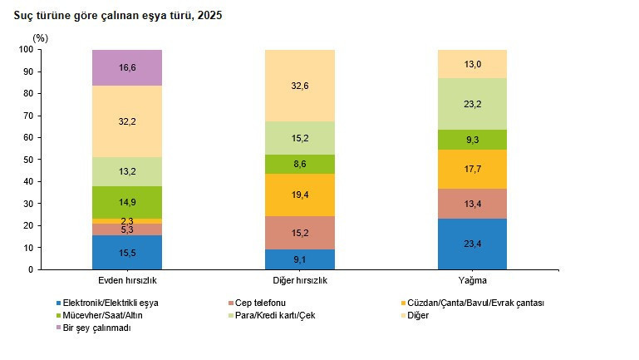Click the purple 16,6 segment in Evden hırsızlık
(127, 67)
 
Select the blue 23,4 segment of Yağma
(472, 244)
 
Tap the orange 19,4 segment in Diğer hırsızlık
(300, 195)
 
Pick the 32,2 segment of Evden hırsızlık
(127, 121)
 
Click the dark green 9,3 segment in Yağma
(472, 140)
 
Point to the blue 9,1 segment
(300, 259)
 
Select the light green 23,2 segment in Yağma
(472, 104)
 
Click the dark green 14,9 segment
(127, 202)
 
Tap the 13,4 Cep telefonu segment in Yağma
(472, 204)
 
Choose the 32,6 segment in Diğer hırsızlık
(300, 86)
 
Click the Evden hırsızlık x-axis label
(127, 280)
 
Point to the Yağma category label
(472, 280)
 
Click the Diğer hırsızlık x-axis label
(300, 280)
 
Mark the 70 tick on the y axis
(28, 116)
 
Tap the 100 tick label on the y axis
(26, 49)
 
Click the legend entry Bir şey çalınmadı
(93, 328)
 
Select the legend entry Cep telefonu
(257, 303)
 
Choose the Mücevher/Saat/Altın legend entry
(99, 315)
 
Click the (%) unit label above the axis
(41, 38)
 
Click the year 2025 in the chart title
(210, 16)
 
